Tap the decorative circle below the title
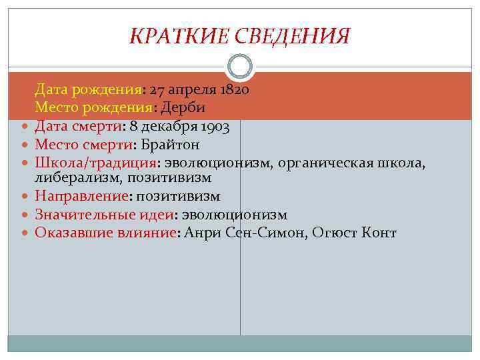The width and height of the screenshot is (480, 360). tap(240, 67)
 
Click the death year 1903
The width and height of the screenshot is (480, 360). tap(217, 125)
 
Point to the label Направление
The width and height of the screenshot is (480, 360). tap(81, 197)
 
